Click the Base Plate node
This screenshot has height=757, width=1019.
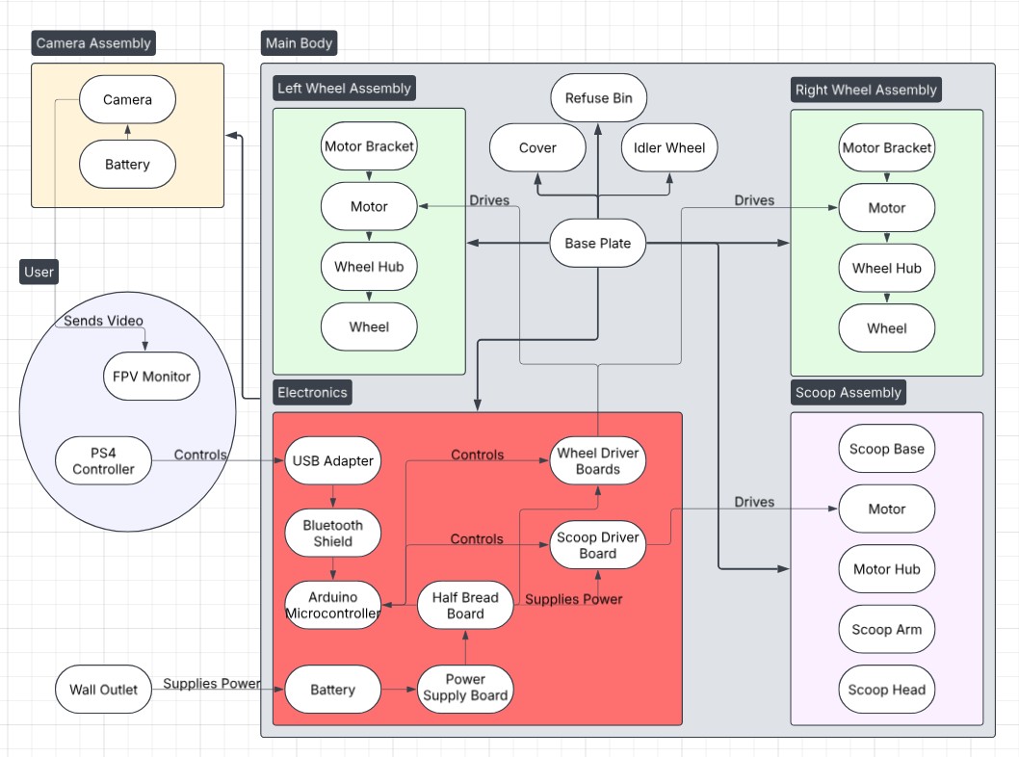tap(597, 244)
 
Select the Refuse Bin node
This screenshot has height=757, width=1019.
tap(598, 98)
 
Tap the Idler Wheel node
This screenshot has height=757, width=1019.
tap(669, 148)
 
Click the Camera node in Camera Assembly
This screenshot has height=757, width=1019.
tap(127, 100)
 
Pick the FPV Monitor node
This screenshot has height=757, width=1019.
tap(151, 377)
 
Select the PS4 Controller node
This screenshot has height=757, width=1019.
tap(103, 461)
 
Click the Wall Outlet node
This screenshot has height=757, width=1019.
tap(103, 690)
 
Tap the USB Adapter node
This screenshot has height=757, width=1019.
tap(332, 461)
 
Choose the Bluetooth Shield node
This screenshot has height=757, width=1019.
tap(332, 534)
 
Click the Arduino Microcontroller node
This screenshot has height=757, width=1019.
tap(332, 606)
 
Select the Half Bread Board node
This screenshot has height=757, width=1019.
tap(465, 606)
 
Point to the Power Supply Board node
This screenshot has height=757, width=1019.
tap(465, 688)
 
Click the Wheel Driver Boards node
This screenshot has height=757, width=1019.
tap(598, 461)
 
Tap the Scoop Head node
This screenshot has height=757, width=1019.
tap(886, 690)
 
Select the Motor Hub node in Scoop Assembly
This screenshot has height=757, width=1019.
tap(886, 569)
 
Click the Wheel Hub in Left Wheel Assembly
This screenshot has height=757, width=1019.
tap(369, 267)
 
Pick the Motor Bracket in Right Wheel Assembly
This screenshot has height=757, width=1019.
tap(886, 148)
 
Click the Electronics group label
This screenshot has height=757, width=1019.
tap(312, 392)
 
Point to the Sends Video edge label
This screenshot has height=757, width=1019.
tap(103, 320)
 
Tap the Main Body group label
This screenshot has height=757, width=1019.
tap(299, 43)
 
